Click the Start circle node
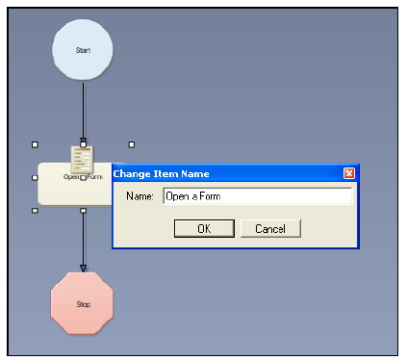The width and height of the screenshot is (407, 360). [x=83, y=49]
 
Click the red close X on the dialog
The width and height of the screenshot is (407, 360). [x=349, y=173]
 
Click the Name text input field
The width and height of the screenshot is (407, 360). [x=256, y=196]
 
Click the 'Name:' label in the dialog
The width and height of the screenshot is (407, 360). [x=140, y=196]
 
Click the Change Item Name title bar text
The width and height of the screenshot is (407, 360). [x=162, y=173]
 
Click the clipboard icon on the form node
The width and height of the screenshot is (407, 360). [x=83, y=158]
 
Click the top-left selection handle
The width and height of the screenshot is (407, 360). [x=36, y=145]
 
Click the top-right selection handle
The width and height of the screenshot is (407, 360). [x=131, y=145]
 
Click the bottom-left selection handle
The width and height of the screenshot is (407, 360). [x=36, y=210]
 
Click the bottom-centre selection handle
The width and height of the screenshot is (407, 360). [x=83, y=210]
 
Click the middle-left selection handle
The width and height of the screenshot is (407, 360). [x=36, y=177]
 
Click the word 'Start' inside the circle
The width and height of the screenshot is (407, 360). [x=83, y=49]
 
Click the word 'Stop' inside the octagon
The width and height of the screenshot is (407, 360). [x=83, y=304]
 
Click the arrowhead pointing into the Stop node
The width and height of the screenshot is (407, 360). [x=83, y=267]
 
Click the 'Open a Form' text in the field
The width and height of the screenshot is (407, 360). [x=191, y=196]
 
